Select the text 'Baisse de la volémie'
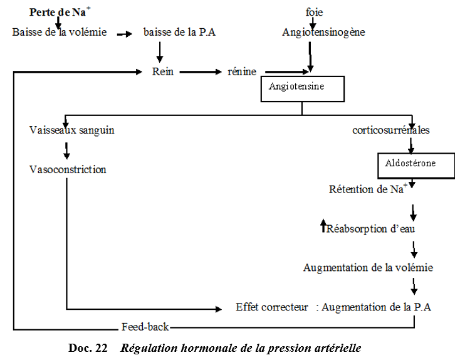coord(60,32)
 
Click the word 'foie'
coord(314,12)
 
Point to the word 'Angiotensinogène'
coord(323,32)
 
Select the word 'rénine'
coord(241,71)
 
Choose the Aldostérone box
coord(415,165)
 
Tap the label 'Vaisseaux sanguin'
coord(71,130)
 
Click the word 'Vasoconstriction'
coord(68,169)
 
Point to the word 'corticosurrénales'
coord(390,130)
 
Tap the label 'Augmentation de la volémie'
coord(368,268)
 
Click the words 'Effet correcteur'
coord(272,307)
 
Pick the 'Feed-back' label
coord(145,327)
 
